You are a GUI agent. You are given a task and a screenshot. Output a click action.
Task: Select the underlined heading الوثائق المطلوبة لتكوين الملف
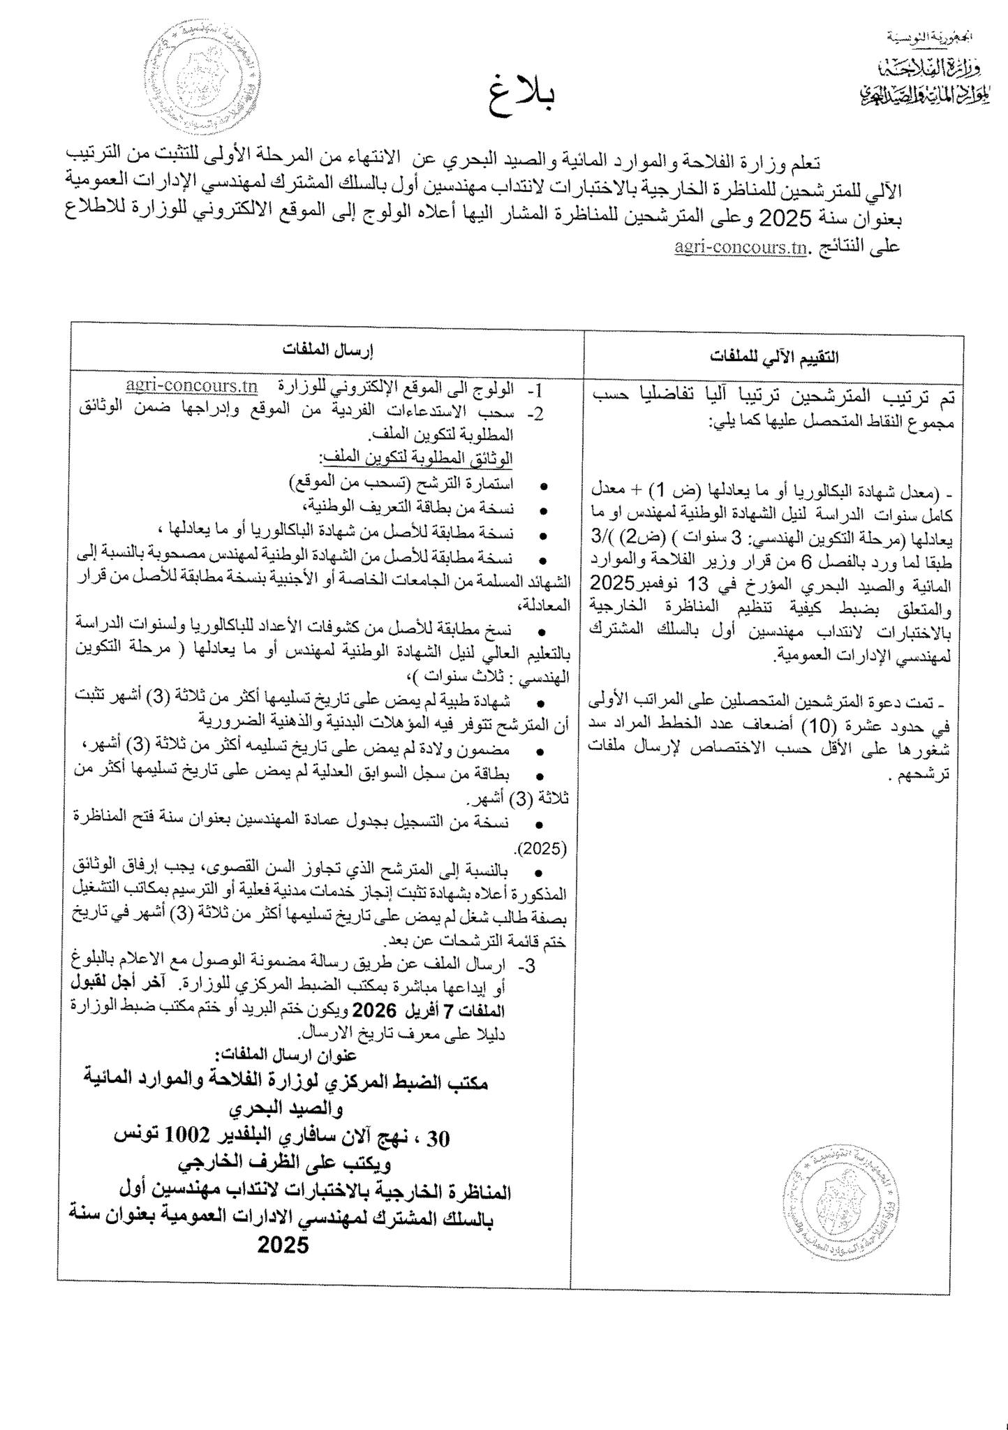point(416,458)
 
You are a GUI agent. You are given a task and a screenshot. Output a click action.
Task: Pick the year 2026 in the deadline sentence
point(375,1010)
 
